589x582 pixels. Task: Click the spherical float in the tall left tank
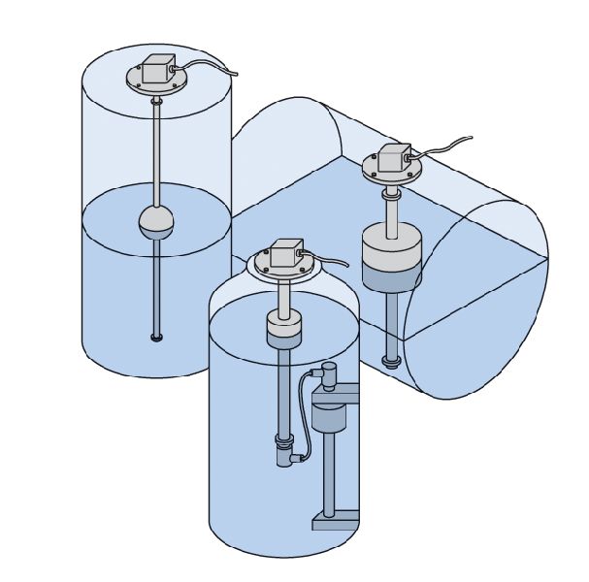(x=156, y=222)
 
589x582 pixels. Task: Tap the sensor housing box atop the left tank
(x=158, y=71)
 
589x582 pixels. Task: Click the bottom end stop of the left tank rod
(x=156, y=338)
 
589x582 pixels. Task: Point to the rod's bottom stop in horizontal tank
(x=390, y=363)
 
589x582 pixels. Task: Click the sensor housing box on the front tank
(x=285, y=254)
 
